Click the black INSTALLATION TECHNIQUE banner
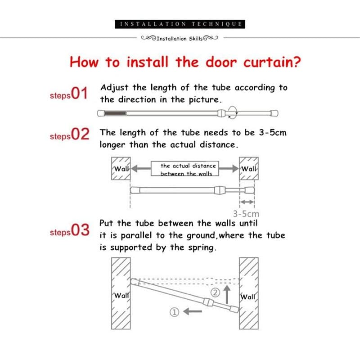[180, 24]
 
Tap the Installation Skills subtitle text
[180, 39]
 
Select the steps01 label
[68, 94]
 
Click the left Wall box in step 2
[121, 169]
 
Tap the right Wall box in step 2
[249, 169]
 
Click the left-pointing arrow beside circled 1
[193, 312]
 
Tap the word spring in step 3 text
[201, 248]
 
